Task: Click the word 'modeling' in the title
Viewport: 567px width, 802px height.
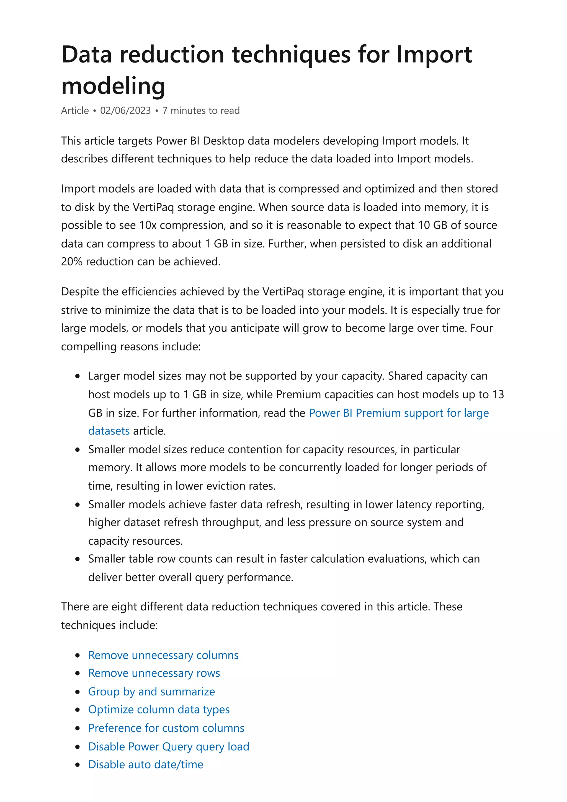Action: click(113, 86)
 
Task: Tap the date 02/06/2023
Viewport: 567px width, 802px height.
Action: click(125, 111)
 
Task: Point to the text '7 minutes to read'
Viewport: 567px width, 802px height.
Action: click(201, 111)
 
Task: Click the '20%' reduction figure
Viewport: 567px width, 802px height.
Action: click(72, 262)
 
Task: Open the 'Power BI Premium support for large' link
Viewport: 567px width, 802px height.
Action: click(399, 413)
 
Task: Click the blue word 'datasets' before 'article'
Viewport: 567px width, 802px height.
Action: click(109, 431)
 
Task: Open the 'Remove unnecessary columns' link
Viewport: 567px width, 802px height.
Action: click(163, 655)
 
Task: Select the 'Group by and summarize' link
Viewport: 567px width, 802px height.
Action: click(151, 692)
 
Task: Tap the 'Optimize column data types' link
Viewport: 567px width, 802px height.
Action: click(159, 710)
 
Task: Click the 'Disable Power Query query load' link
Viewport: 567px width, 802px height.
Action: click(168, 746)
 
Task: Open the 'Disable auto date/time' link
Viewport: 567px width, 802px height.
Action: click(145, 764)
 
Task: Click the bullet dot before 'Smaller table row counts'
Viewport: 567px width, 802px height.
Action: click(78, 559)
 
